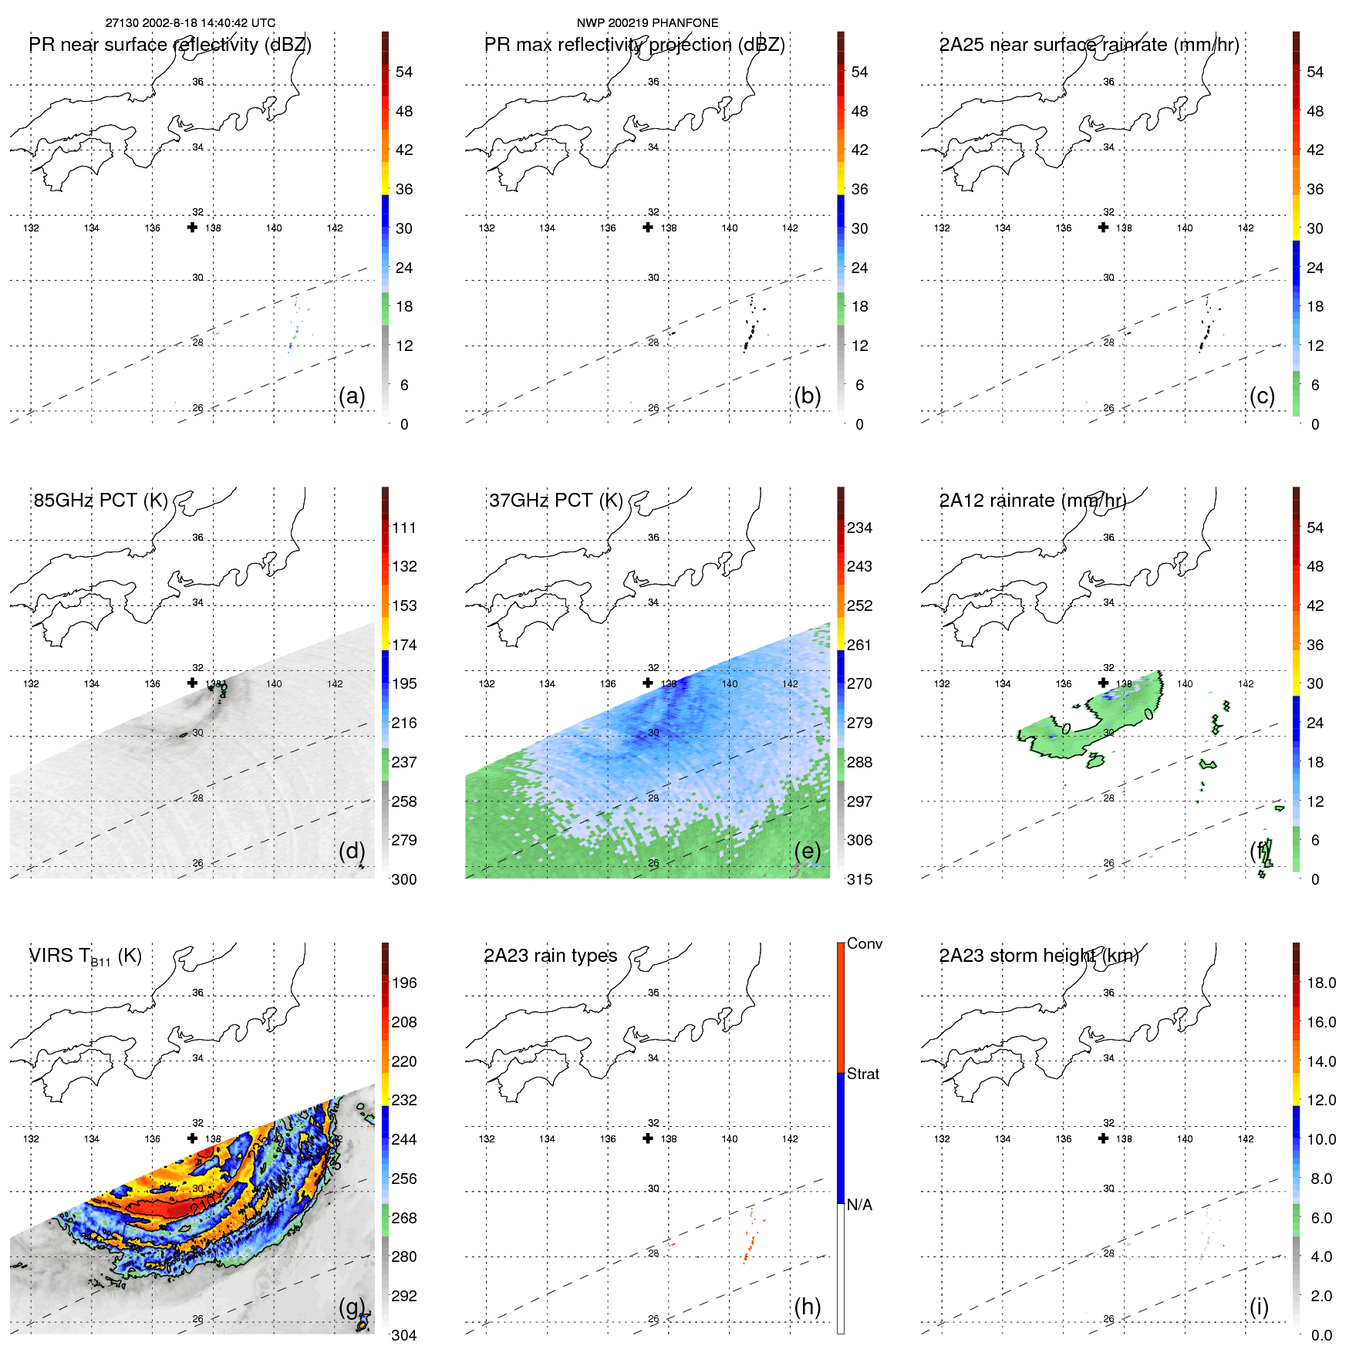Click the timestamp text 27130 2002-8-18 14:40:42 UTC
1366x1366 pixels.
coord(191,23)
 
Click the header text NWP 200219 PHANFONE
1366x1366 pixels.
coord(647,23)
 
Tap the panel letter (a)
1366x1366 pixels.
coord(352,396)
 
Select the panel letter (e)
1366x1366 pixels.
coord(807,851)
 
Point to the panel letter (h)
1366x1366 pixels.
coord(807,1307)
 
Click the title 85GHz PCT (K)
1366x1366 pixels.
coord(100,501)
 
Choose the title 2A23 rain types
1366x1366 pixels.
coord(550,956)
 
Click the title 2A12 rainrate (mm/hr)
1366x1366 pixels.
coord(1032,501)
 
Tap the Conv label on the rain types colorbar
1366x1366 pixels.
coord(865,943)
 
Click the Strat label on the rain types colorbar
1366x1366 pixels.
coord(863,1074)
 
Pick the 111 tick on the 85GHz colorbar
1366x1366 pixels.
coord(404,528)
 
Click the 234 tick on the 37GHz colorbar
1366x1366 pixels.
coord(859,528)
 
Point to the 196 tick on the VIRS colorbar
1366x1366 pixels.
coord(404,983)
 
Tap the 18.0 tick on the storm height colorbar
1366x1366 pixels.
coord(1321,983)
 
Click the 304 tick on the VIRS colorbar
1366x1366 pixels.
coord(404,1335)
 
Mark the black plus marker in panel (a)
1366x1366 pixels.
coord(192,228)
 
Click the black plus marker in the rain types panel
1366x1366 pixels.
coord(648,1138)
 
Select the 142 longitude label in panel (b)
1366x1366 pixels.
coord(790,228)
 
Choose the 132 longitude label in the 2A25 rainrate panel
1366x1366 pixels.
coord(942,228)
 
